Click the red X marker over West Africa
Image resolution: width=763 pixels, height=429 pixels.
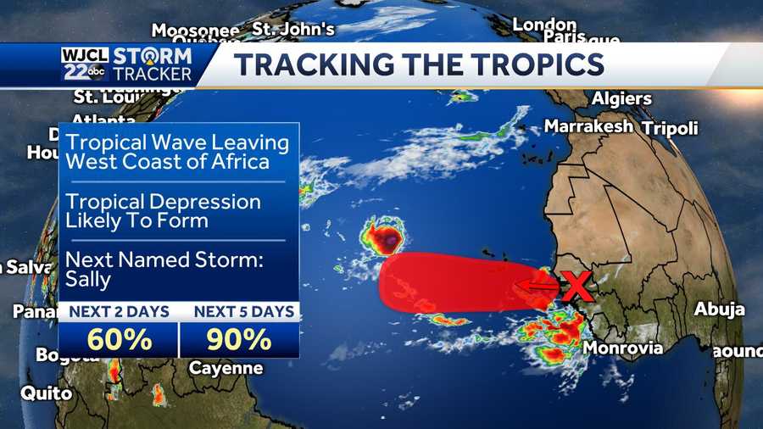tap(577, 287)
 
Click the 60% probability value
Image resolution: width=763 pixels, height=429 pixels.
tap(119, 339)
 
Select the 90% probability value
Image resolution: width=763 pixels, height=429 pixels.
tap(239, 339)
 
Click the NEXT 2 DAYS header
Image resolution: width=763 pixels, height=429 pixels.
tap(119, 311)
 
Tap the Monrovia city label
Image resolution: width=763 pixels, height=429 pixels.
tap(623, 348)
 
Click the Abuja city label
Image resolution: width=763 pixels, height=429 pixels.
tap(719, 309)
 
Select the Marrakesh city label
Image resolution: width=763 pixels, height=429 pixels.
tap(588, 126)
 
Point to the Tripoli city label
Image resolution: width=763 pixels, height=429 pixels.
tap(671, 129)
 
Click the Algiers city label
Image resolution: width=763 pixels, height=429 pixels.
tap(621, 98)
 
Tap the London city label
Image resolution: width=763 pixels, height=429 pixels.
tap(544, 25)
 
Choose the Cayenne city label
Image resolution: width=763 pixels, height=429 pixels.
tap(226, 369)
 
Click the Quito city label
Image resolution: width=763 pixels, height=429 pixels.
tap(40, 393)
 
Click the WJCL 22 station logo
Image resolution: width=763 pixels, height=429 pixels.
tap(85, 64)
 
